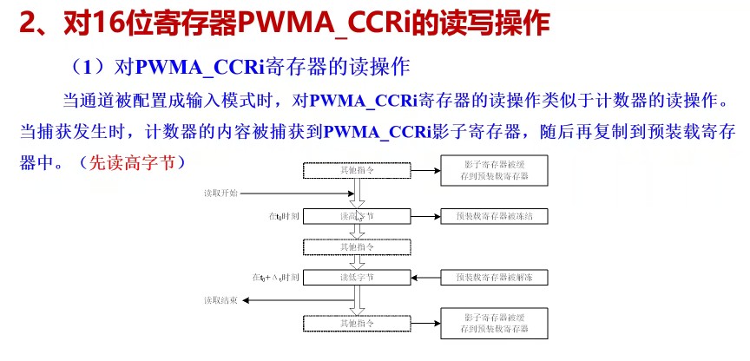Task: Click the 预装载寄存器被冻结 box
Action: click(x=494, y=214)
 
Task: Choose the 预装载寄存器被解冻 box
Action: click(x=494, y=278)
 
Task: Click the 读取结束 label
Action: click(x=220, y=300)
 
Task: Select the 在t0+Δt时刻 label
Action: click(x=275, y=278)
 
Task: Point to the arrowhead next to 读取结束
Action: click(x=247, y=300)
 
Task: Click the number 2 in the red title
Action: click(x=27, y=23)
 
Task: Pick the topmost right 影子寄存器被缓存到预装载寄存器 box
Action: click(x=494, y=170)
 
